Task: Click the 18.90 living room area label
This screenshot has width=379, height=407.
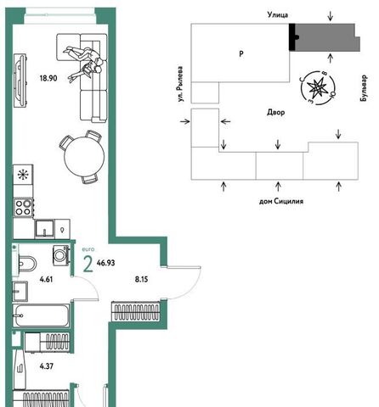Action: pos(48,78)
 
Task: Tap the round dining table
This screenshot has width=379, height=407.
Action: pos(84,157)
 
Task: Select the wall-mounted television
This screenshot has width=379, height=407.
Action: pos(20,81)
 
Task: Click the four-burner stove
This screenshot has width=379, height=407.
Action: pos(24,208)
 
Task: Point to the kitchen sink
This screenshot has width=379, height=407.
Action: pos(44,228)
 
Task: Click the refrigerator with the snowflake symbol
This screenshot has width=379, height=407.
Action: pos(23,175)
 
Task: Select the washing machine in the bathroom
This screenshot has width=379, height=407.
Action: pos(61,255)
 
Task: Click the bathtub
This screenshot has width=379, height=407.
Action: pos(41,315)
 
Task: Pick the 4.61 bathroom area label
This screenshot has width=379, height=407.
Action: pos(46,280)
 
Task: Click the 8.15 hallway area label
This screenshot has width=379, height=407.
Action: pos(141,280)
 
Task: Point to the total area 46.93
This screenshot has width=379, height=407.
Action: pos(105,263)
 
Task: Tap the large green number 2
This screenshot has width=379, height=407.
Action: pos(88,265)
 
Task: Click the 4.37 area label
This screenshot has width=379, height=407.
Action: pos(47,366)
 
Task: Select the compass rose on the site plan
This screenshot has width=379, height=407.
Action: pos(317,88)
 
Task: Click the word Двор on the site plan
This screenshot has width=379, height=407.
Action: pos(276,113)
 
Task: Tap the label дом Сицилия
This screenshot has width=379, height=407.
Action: pos(281,201)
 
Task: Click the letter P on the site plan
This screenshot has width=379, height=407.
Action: pos(241,53)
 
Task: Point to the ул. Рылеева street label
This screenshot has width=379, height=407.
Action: pos(180,84)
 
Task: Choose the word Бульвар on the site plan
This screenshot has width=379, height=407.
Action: pos(364,88)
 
